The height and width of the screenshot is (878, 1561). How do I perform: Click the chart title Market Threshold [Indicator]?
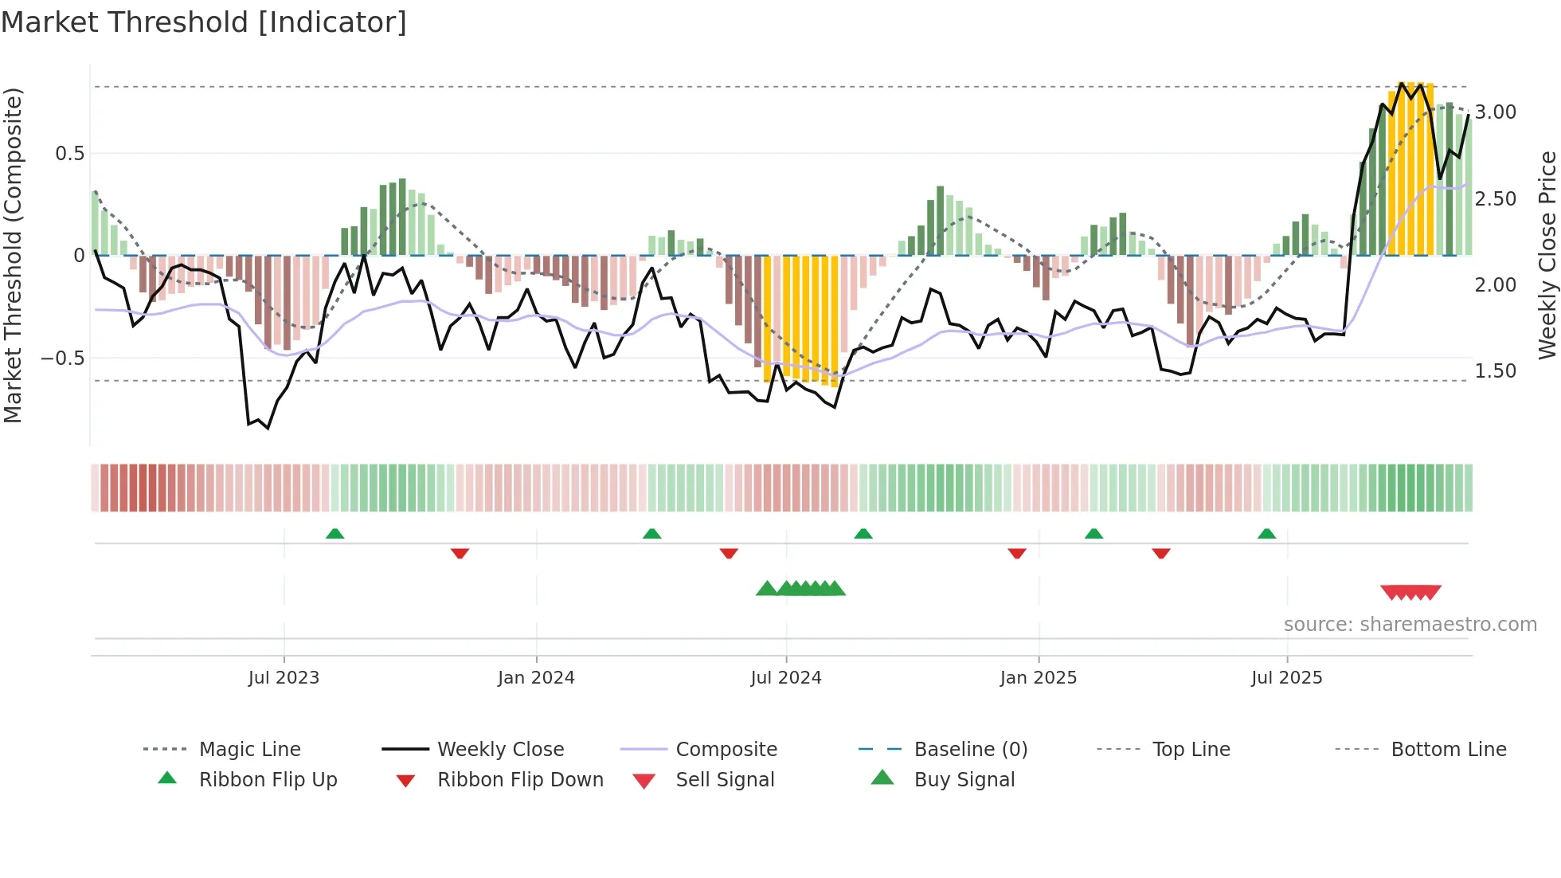[x=204, y=22]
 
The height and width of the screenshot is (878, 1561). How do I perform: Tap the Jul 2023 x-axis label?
[x=284, y=678]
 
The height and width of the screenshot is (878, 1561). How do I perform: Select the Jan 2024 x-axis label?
[x=536, y=678]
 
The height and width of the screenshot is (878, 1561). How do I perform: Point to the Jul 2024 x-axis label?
[x=786, y=678]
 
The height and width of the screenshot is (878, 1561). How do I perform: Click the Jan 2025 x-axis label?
[x=1039, y=678]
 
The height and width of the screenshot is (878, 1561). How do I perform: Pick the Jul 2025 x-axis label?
[x=1287, y=678]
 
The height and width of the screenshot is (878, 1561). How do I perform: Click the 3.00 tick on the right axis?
[x=1495, y=112]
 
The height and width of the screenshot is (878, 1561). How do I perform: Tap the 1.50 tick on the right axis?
[x=1495, y=371]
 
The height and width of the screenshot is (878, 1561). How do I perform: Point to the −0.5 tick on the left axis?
[x=63, y=359]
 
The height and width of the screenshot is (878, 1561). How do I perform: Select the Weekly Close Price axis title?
[x=1547, y=255]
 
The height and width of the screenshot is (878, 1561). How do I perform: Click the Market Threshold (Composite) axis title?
[x=13, y=255]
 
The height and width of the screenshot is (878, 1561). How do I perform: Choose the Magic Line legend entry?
[x=249, y=750]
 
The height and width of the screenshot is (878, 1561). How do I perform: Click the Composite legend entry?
[x=726, y=750]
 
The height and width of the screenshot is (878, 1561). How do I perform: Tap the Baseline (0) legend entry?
[x=970, y=750]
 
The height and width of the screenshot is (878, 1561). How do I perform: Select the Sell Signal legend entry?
[x=725, y=780]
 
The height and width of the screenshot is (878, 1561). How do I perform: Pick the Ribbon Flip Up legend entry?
[x=268, y=780]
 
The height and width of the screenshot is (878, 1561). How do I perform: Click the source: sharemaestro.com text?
[x=1410, y=625]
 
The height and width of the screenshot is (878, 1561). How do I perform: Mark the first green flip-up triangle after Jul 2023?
[x=334, y=534]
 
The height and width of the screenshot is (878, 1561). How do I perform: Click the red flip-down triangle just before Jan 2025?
[x=1016, y=553]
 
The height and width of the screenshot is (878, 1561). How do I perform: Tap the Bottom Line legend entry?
[x=1448, y=750]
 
